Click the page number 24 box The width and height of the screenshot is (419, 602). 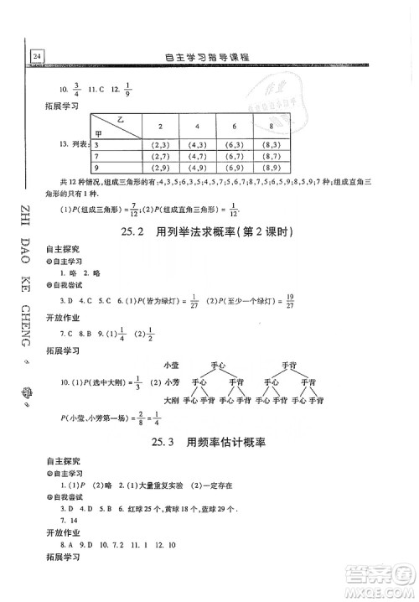point(37,56)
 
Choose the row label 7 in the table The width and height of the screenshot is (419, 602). point(99,156)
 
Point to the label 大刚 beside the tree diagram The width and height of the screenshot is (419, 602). point(171,401)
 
